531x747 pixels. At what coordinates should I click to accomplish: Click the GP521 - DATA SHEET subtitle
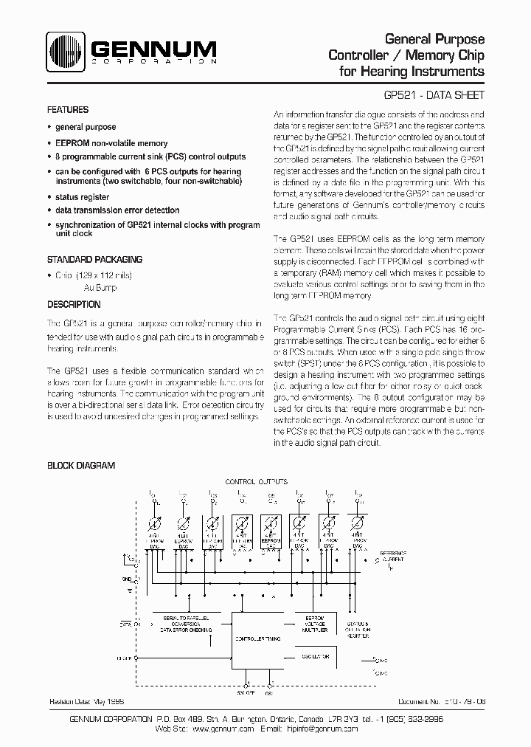(x=434, y=96)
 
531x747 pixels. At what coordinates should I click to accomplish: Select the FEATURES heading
(x=68, y=110)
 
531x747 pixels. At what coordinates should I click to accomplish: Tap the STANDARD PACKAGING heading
(x=94, y=260)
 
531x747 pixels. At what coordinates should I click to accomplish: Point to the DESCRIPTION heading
(x=74, y=304)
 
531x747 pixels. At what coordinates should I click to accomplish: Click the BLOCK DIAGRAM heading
(x=81, y=466)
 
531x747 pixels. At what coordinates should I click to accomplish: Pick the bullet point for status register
(x=49, y=198)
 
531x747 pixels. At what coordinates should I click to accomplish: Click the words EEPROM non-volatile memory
(x=111, y=143)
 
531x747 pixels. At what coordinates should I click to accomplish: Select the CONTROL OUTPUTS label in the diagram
(x=256, y=481)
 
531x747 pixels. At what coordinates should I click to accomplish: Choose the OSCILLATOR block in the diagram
(x=315, y=656)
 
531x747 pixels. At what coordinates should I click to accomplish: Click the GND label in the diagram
(x=126, y=580)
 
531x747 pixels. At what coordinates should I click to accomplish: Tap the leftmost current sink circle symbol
(x=154, y=525)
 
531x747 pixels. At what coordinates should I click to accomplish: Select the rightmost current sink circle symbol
(x=358, y=525)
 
